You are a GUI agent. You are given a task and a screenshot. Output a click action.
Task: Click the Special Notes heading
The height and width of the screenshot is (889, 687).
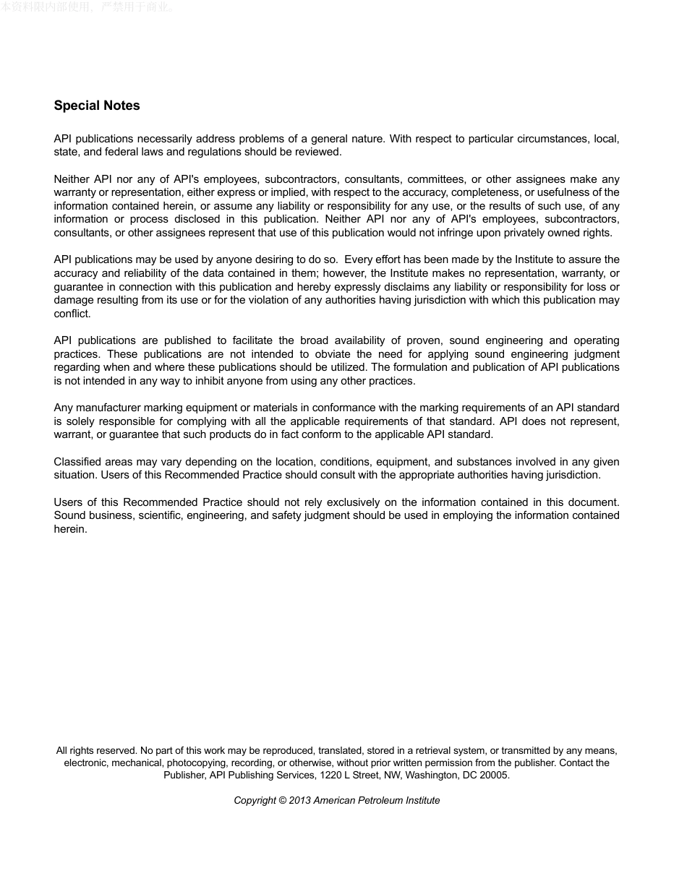[x=97, y=106]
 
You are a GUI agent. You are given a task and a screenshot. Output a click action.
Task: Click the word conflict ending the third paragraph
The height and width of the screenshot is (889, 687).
[x=72, y=314]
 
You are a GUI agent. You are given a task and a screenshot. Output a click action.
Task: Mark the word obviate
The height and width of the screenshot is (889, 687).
[x=333, y=354]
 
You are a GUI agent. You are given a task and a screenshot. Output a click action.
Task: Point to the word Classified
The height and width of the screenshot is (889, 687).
[x=77, y=462]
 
